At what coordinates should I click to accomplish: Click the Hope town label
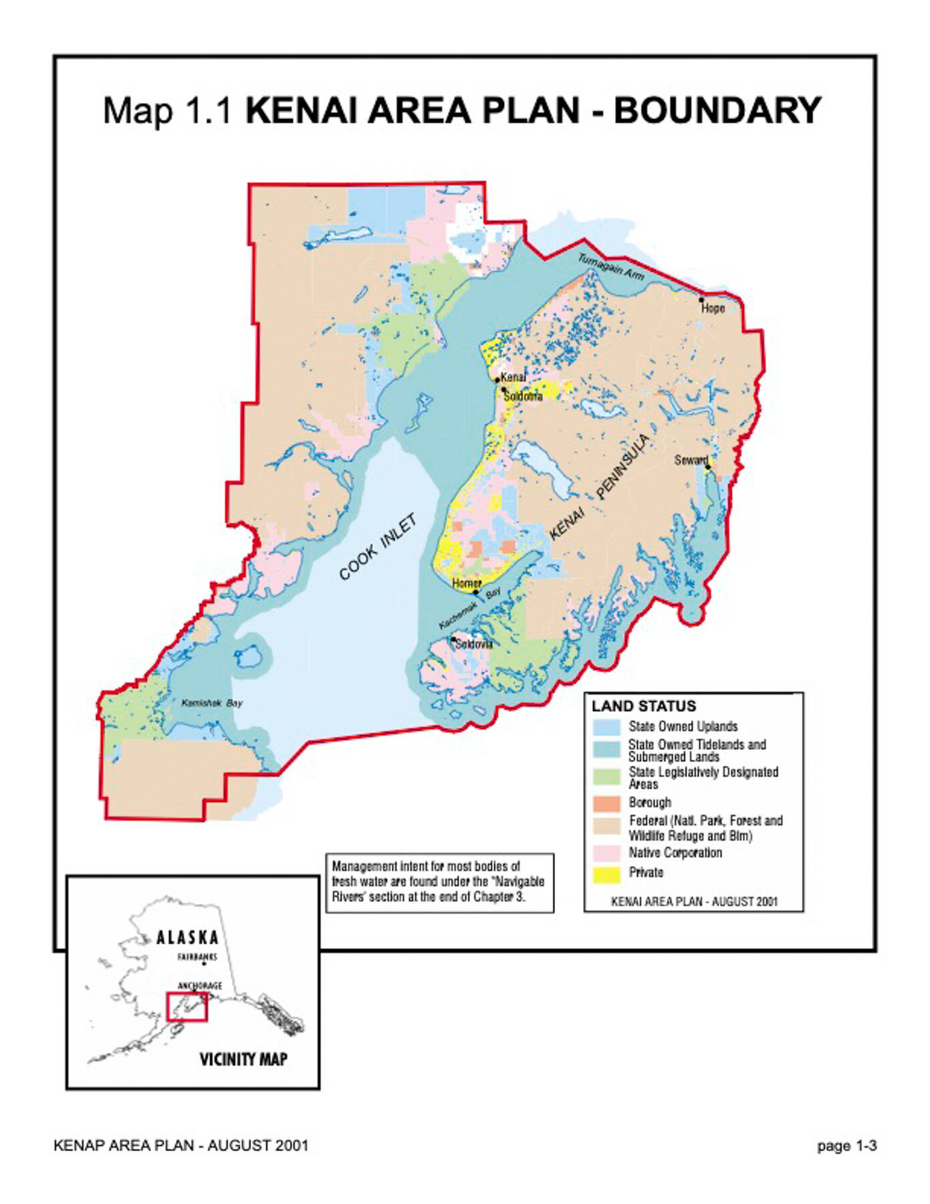point(713,308)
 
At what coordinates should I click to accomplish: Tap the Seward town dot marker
point(708,467)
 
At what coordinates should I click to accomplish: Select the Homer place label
point(466,584)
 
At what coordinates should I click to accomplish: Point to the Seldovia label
point(473,644)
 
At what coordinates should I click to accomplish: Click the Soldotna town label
point(523,397)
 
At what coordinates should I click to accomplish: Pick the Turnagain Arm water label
point(611,268)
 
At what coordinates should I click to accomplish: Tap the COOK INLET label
point(378,547)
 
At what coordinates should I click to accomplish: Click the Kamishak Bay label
point(212,703)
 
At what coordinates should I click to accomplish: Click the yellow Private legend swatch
point(606,874)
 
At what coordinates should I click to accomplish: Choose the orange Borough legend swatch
point(606,803)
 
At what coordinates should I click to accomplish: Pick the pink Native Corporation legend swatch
point(606,854)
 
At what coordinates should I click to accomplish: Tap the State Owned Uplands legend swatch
point(606,727)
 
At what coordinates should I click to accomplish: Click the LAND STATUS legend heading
point(643,706)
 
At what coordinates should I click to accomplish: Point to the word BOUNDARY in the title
point(717,111)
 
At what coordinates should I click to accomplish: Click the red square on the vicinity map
point(187,1007)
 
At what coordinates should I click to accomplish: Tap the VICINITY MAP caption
point(243,1060)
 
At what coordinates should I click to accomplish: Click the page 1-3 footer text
point(846,1146)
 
